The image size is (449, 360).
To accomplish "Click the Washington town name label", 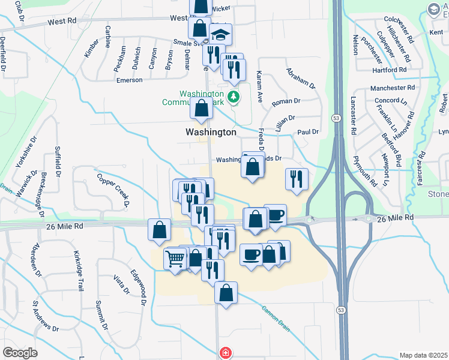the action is click(x=211, y=131).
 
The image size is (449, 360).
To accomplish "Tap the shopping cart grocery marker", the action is click(x=175, y=259).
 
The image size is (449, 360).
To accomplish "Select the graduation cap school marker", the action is click(x=221, y=34).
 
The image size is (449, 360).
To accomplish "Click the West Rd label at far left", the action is click(x=63, y=20).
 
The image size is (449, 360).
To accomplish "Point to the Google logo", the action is click(x=20, y=353).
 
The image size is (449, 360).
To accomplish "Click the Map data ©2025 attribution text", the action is click(x=424, y=355).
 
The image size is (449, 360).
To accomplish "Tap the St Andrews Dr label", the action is click(x=46, y=316).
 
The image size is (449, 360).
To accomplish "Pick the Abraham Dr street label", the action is click(x=301, y=77).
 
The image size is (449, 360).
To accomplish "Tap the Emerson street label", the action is click(x=129, y=80).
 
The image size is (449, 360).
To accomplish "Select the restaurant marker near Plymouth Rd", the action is click(x=297, y=178).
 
